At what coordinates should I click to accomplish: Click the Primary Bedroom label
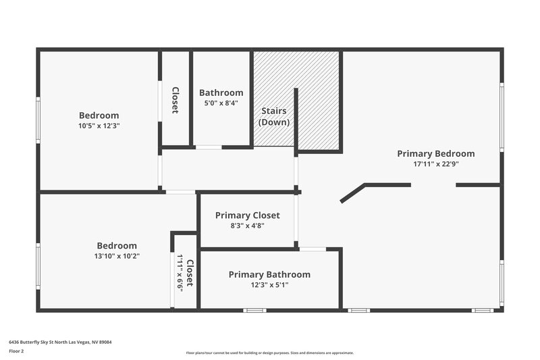[435, 153]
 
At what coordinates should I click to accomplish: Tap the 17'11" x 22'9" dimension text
[435, 163]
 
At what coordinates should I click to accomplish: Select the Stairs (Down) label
[274, 116]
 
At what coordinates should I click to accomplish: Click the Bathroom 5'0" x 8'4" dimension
[221, 103]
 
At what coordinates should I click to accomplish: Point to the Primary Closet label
[247, 215]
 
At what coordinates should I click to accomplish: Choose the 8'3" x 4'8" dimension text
[247, 226]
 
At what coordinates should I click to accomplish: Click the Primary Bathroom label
[269, 274]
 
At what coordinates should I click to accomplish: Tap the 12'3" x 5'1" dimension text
[269, 284]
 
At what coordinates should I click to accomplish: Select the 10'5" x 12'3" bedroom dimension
[99, 126]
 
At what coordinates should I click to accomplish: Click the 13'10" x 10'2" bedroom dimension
[117, 256]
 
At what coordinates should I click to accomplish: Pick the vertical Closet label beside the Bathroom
[175, 100]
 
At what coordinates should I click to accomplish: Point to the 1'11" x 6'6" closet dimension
[180, 272]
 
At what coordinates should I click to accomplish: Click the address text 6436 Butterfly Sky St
[60, 342]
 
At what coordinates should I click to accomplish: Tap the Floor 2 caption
[16, 351]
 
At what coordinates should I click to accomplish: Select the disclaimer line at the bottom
[269, 353]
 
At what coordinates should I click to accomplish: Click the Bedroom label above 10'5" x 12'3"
[99, 115]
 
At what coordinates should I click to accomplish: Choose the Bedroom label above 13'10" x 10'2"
[117, 246]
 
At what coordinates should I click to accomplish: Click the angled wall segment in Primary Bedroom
[353, 192]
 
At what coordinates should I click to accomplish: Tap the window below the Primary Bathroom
[254, 310]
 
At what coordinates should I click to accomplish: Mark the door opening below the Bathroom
[209, 147]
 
